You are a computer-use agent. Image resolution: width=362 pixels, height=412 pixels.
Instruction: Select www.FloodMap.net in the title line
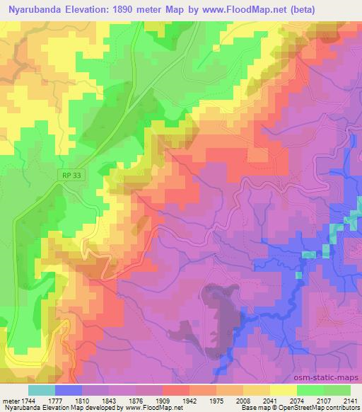(x=233, y=8)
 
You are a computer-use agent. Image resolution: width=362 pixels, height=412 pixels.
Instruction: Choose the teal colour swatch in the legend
(x=42, y=390)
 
